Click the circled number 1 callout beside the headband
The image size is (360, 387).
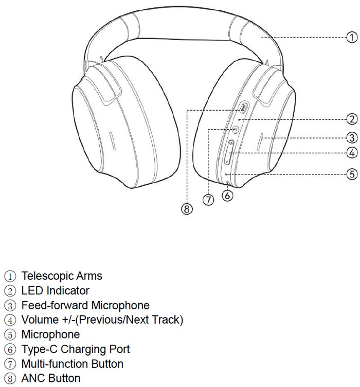coord(351,37)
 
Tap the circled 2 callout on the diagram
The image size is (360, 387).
coord(352,119)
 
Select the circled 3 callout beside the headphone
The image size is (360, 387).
coord(352,137)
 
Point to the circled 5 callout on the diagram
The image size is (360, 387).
coord(352,174)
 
